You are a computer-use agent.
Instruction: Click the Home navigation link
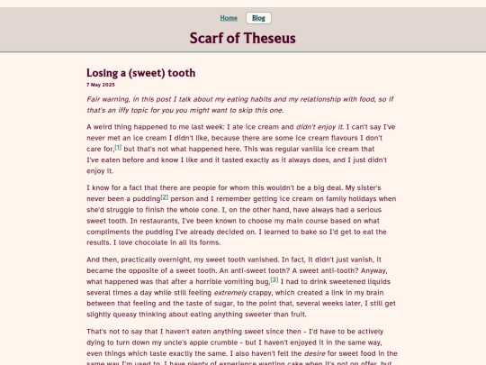coord(229,18)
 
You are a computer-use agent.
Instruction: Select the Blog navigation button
coord(258,18)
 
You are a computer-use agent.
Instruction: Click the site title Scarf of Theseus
coord(242,38)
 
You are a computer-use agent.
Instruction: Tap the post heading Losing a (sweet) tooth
coord(140,72)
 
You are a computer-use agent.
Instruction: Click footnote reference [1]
coord(118,147)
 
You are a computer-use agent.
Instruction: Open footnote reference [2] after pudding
coord(165,196)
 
